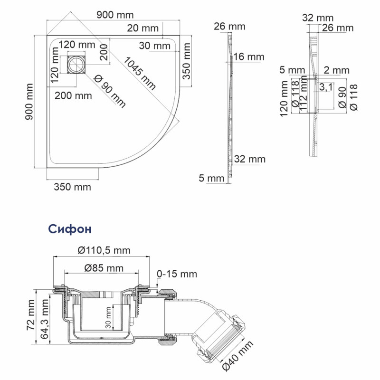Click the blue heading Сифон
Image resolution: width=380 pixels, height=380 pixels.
(70, 229)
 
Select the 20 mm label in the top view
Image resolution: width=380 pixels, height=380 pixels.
(143, 28)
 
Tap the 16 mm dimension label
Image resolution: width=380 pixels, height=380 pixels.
(249, 57)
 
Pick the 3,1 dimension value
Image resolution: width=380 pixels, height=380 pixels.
(326, 87)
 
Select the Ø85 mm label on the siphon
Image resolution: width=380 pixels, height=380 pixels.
(104, 268)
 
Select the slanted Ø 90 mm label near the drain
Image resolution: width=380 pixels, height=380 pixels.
(111, 91)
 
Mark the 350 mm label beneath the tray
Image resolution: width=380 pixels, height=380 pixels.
(72, 187)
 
